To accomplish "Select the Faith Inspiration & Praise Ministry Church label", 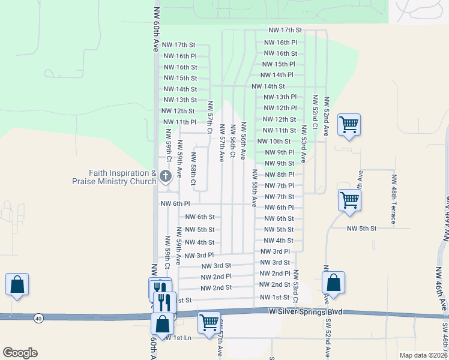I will pos(113,177).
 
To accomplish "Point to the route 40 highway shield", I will pos(39,317).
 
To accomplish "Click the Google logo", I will pos(20,353).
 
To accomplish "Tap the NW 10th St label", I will pos(274,142).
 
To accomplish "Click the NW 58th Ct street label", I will pos(194,168).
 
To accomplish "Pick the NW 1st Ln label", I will pos(178,338).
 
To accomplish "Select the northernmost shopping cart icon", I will pos(349,125).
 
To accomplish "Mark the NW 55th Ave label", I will pos(255,188).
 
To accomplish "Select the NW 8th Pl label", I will pos(279,175).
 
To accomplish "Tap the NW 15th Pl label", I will pos(279,64).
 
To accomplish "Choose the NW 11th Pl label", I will pos(180,122).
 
